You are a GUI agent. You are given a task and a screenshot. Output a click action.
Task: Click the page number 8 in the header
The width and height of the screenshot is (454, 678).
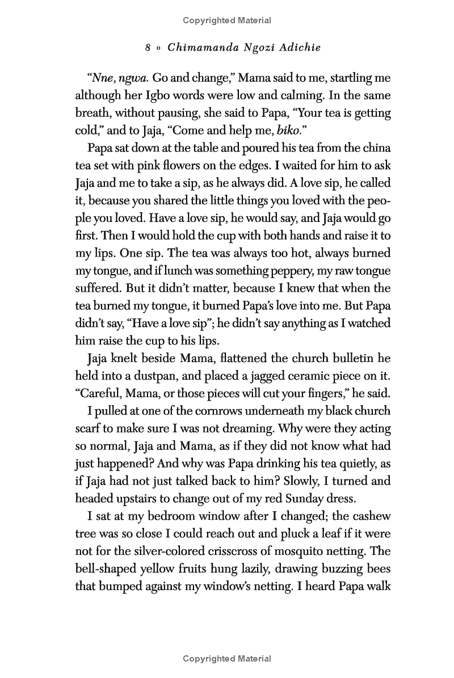pos(148,48)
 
